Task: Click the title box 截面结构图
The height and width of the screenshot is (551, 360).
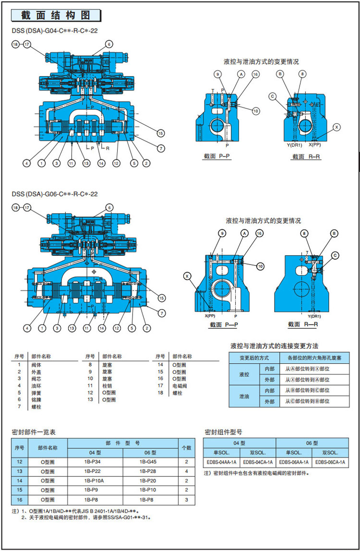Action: coord(56,15)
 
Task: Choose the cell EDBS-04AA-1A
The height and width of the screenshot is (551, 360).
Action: coord(221,462)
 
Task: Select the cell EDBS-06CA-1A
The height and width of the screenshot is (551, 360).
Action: coord(330,462)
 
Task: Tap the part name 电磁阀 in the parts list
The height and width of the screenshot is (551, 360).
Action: coord(180,385)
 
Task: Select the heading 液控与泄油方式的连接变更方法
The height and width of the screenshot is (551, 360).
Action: coord(275,346)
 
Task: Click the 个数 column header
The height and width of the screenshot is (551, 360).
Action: coord(186,447)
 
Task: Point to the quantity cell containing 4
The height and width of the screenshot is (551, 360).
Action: coord(186,471)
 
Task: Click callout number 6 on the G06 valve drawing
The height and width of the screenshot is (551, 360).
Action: coord(109,207)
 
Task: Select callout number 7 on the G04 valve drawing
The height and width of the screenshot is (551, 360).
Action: coord(161,149)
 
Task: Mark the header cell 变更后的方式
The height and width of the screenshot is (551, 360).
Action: coord(254,358)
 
